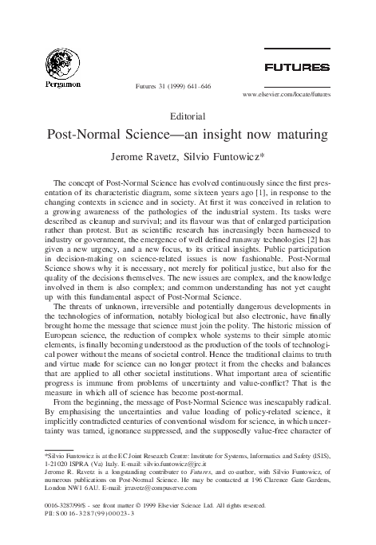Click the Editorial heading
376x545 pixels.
(188, 116)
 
